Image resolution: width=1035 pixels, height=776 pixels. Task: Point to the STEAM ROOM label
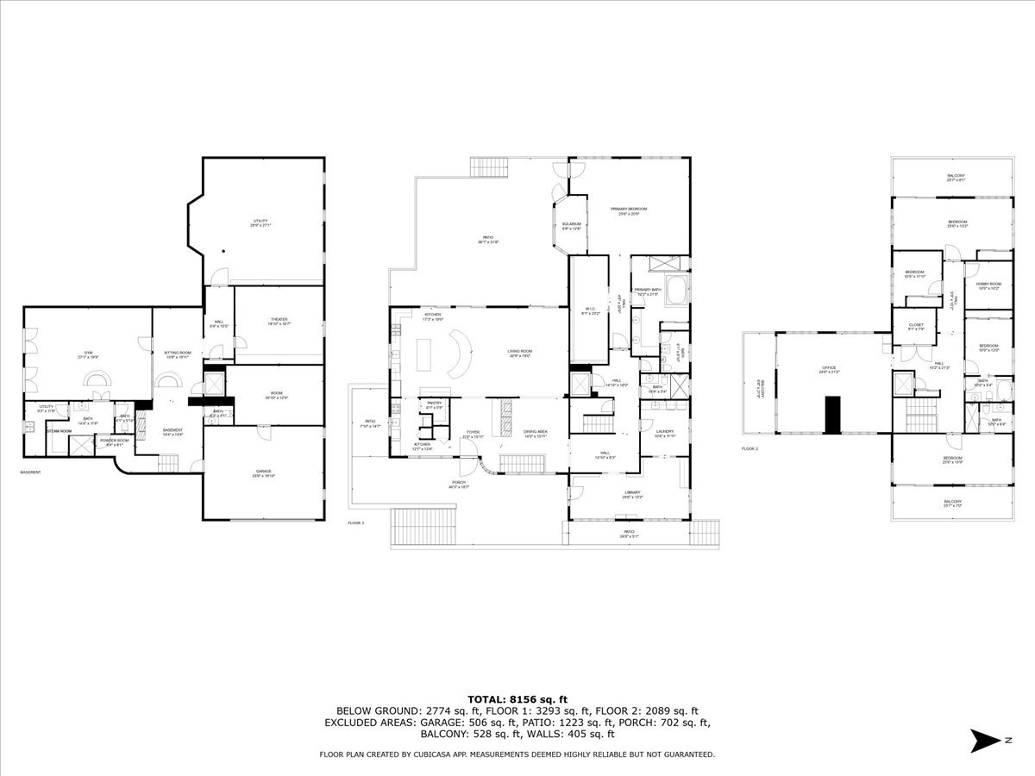[x=59, y=430]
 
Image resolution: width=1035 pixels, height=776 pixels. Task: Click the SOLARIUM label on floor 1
[x=572, y=225]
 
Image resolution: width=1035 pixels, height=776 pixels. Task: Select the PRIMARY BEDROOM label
[x=629, y=210]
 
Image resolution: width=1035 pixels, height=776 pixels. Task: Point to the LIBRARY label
[x=631, y=493]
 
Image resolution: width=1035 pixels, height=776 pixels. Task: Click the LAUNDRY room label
[x=664, y=432]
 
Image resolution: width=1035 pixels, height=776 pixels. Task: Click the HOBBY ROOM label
[x=988, y=284]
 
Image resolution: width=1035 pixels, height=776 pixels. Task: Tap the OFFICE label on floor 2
[x=829, y=368]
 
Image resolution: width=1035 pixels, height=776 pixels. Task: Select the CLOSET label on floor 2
[x=915, y=324]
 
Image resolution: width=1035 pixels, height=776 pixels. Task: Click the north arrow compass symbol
[x=985, y=740]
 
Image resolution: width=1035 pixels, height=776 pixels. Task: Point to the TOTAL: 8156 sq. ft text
[x=517, y=698]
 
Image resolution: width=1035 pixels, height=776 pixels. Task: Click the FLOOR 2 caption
[x=750, y=449]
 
